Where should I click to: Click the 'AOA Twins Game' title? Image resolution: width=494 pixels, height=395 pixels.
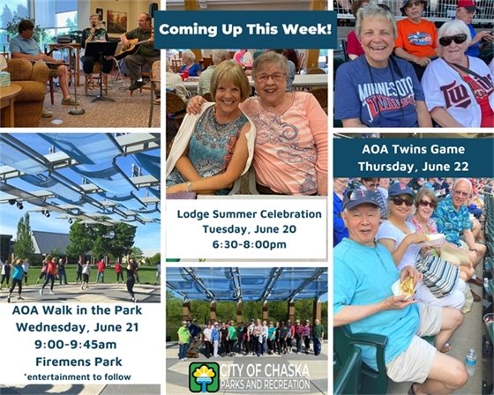pyautogui.click(x=413, y=149)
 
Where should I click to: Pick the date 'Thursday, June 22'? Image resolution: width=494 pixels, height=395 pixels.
pyautogui.click(x=413, y=165)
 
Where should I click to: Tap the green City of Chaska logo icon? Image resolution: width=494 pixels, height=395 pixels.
pyautogui.click(x=204, y=376)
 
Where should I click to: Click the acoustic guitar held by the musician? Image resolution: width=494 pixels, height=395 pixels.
pyautogui.click(x=130, y=43)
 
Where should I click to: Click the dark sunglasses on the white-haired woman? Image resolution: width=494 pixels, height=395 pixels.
pyautogui.click(x=453, y=40)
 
